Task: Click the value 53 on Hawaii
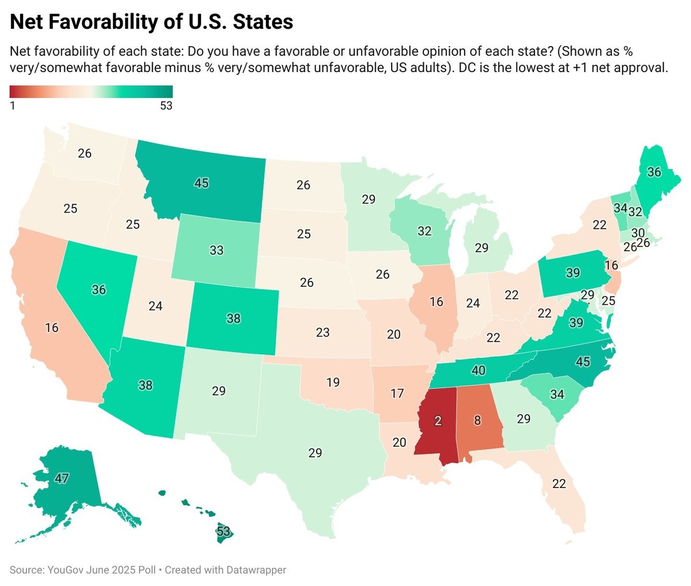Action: [223, 531]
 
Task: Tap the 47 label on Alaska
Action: [62, 478]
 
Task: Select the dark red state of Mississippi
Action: [438, 421]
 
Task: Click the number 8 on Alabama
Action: [477, 420]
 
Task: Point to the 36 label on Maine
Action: [654, 172]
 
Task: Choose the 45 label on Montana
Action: [201, 183]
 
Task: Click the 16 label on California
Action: [52, 327]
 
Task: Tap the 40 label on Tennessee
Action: [478, 370]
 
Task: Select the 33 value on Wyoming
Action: [217, 250]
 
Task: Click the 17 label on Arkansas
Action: [397, 394]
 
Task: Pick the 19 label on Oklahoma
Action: [333, 381]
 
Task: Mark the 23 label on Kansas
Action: [322, 332]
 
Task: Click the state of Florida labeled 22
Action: [559, 483]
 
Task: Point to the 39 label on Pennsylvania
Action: [572, 273]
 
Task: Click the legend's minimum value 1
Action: [13, 106]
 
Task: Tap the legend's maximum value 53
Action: [166, 106]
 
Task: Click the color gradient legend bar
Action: [91, 92]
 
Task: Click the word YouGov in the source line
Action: [64, 570]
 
